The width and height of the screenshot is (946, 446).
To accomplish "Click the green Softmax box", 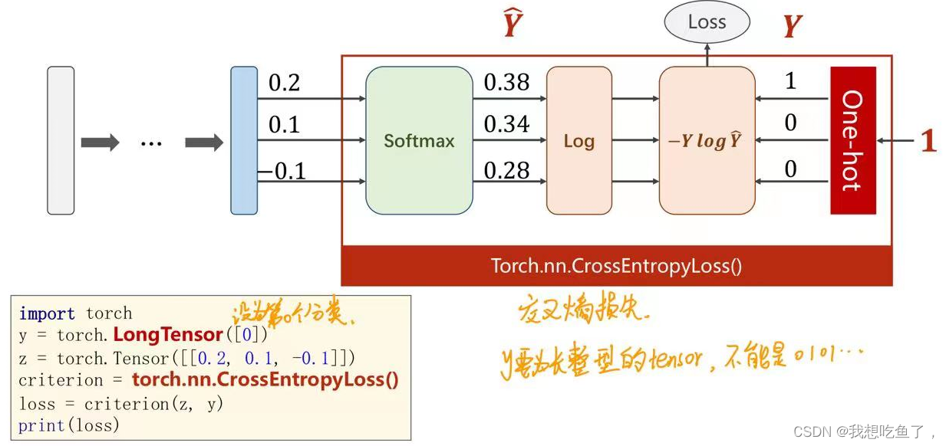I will tap(419, 140).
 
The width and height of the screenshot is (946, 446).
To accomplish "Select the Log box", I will tap(578, 140).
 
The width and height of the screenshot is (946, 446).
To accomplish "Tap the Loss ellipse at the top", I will tap(707, 22).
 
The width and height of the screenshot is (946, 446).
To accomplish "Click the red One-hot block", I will tap(852, 140).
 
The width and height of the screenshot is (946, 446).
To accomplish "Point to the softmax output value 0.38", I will tap(506, 83).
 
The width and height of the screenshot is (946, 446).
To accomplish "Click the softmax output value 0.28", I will tap(506, 170).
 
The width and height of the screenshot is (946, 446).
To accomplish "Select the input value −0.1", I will tap(282, 171).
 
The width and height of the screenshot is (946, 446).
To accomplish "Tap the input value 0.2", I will tap(284, 83).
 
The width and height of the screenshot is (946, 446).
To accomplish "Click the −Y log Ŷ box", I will tap(707, 140).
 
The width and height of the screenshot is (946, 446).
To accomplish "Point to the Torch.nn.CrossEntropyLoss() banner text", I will tap(616, 266).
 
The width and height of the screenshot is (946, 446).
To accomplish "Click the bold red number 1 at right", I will tap(928, 141).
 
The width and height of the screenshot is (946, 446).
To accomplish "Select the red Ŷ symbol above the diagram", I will tap(513, 25).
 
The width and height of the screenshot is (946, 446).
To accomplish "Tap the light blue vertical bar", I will tap(244, 140).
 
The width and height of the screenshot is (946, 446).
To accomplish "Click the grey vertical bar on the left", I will tap(61, 140).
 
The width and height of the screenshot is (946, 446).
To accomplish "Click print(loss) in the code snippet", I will tap(69, 425).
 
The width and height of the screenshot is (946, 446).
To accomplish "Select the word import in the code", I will tap(47, 313).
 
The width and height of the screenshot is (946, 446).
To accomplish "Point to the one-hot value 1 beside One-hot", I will tap(790, 80).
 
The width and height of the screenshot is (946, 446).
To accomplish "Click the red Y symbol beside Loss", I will tap(792, 28).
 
